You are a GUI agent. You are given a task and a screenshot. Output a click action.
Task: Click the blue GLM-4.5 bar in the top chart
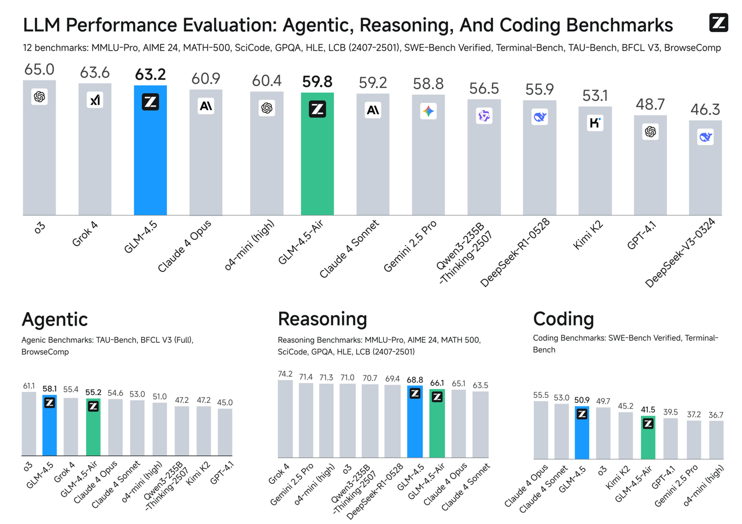coord(150,151)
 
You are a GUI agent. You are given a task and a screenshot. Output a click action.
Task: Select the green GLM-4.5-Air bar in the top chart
coord(317,157)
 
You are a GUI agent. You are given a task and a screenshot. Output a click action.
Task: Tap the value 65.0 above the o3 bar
coord(39,70)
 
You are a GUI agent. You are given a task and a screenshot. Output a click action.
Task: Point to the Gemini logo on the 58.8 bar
coord(429,111)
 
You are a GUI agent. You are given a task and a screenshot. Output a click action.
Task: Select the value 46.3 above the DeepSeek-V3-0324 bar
coord(705,110)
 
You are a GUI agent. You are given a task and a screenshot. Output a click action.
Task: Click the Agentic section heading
coord(55,319)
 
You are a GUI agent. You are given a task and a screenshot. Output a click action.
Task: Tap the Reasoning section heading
coord(322,319)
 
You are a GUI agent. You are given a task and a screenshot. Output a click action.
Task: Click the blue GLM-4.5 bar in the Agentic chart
coord(49,428)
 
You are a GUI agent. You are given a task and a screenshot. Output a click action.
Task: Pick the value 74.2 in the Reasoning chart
coord(285,374)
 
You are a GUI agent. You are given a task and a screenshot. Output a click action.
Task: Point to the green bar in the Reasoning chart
coord(437,425)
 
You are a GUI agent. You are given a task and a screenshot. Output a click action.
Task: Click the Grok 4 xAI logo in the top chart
coord(95,100)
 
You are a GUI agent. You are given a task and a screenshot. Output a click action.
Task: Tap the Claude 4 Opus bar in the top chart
coord(206,154)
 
